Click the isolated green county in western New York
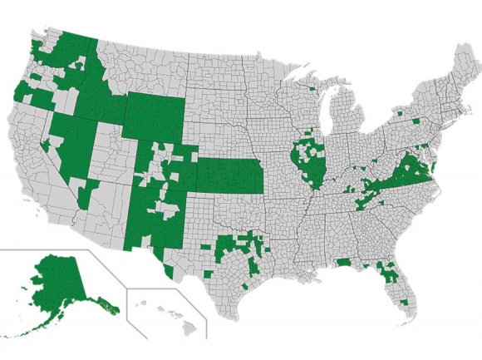pyautogui.click(x=400, y=111)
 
